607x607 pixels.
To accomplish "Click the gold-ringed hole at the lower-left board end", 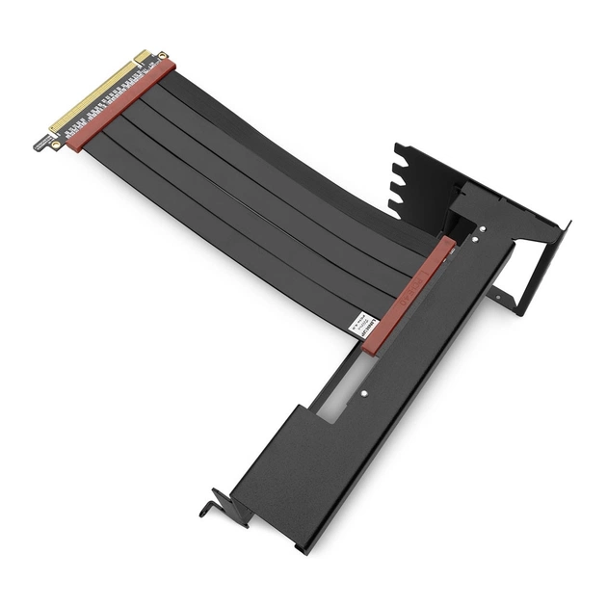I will (55, 145).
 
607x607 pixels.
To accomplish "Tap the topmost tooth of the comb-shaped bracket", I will (396, 150).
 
